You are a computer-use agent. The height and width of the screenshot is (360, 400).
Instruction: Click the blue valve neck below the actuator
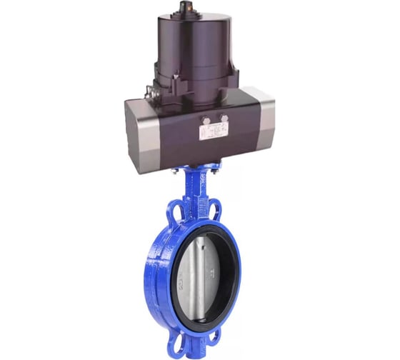(x=196, y=189)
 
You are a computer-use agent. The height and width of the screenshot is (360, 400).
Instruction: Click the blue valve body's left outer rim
(x=152, y=279)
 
